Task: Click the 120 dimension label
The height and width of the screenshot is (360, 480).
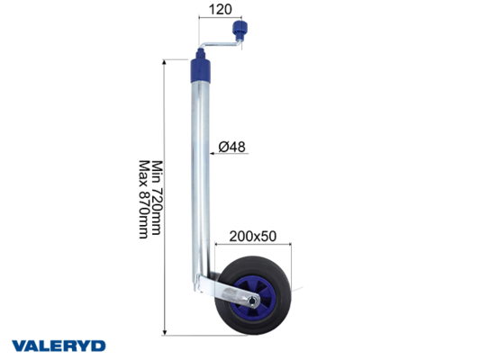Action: [220, 10]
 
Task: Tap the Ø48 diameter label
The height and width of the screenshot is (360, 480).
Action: [231, 147]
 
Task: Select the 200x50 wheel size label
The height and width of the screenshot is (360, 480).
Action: [252, 236]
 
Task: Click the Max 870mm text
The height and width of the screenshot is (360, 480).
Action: [144, 200]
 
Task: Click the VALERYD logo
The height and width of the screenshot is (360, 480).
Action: [59, 346]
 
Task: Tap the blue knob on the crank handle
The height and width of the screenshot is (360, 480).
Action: [240, 30]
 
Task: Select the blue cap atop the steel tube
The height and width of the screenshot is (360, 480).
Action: [201, 67]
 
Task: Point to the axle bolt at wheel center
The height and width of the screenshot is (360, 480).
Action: [252, 301]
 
